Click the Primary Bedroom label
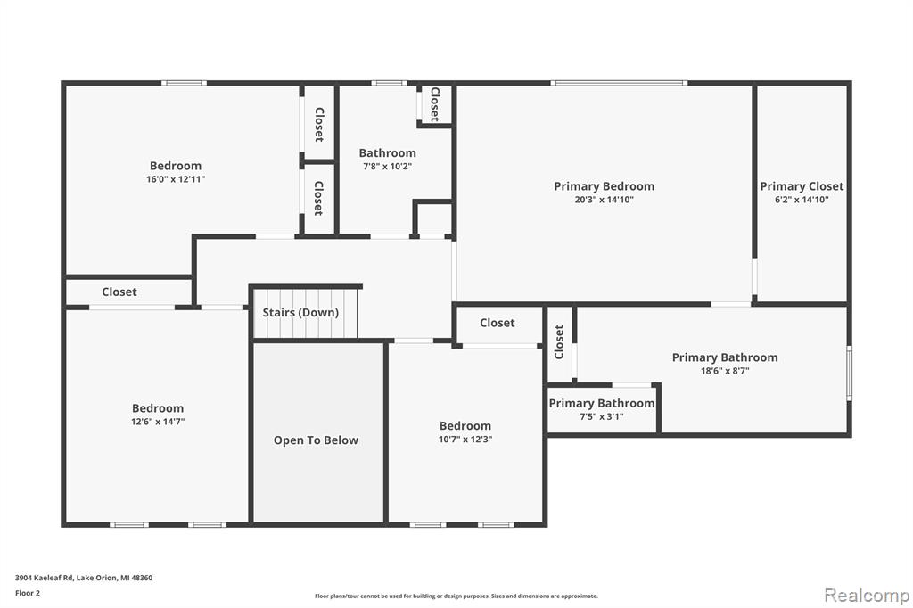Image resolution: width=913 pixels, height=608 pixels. (x=604, y=186)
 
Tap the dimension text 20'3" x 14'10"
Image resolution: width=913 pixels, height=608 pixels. (x=604, y=200)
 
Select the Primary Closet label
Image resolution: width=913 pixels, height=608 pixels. (x=802, y=186)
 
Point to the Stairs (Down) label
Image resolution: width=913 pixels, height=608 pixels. (x=300, y=313)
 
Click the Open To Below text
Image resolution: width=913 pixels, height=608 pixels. (x=317, y=440)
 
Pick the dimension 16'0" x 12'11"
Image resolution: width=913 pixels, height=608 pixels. (x=176, y=179)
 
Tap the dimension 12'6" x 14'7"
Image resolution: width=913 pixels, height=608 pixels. (x=158, y=422)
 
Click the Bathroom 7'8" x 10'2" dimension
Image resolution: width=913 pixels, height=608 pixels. (x=387, y=167)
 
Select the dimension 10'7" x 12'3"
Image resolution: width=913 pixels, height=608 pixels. (x=465, y=440)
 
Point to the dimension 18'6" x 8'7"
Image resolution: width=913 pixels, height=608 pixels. (x=725, y=371)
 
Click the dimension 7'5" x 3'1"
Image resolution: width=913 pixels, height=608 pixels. (x=602, y=416)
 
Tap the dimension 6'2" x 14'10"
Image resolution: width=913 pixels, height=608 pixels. (x=802, y=200)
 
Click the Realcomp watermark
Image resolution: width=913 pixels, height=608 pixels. (x=867, y=596)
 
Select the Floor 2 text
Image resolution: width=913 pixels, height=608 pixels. (x=28, y=593)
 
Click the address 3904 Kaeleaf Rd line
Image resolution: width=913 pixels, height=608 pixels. (x=84, y=578)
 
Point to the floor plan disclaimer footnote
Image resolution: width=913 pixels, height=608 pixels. (x=456, y=596)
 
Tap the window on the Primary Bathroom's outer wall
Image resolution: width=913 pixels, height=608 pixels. (x=849, y=374)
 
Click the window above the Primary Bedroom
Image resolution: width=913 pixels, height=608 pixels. (x=619, y=83)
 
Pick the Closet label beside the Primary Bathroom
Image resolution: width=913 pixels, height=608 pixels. (x=559, y=341)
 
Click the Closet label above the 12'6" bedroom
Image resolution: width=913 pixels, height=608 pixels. (x=119, y=292)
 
